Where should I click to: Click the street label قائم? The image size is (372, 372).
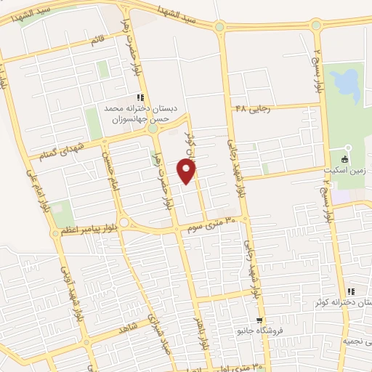[95, 41]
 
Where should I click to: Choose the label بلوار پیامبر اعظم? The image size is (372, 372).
[84, 231]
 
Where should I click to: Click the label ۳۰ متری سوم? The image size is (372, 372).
[219, 222]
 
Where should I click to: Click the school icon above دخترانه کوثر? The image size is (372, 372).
[351, 291]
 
